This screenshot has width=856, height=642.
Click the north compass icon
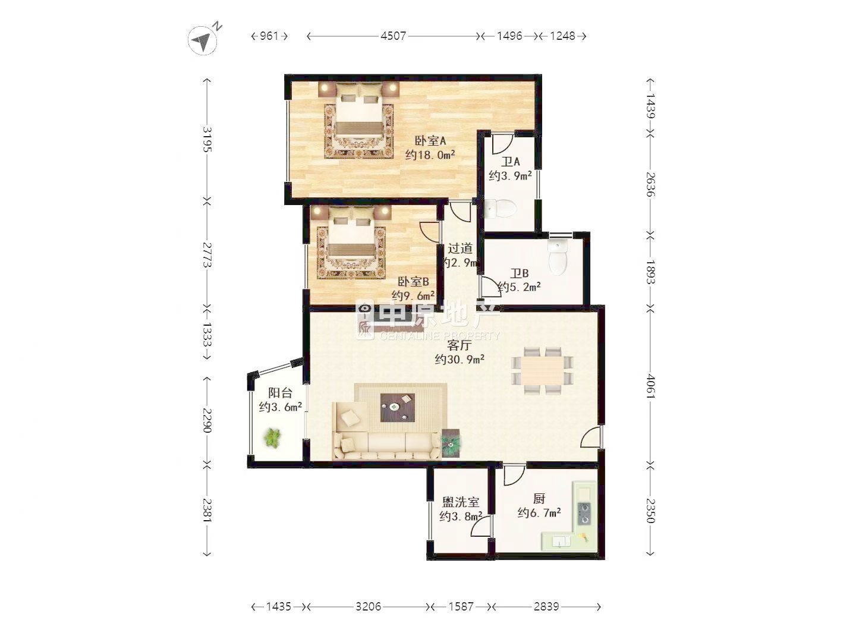(203, 40)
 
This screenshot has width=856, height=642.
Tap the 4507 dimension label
(393, 36)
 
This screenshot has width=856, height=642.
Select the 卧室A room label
(430, 140)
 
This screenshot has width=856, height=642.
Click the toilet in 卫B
(558, 257)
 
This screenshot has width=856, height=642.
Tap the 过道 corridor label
(460, 248)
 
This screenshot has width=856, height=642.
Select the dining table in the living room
(542, 371)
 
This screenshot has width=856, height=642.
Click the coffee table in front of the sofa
(398, 407)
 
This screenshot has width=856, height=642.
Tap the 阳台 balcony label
(280, 392)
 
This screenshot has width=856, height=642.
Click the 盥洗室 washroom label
(461, 502)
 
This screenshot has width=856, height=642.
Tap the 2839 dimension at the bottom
(546, 606)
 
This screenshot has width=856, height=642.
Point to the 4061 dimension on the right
(650, 386)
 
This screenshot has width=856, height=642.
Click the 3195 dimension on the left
(207, 139)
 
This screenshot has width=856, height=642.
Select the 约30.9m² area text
(460, 359)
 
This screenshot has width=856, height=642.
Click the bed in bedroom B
(351, 246)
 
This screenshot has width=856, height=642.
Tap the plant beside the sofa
(451, 443)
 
